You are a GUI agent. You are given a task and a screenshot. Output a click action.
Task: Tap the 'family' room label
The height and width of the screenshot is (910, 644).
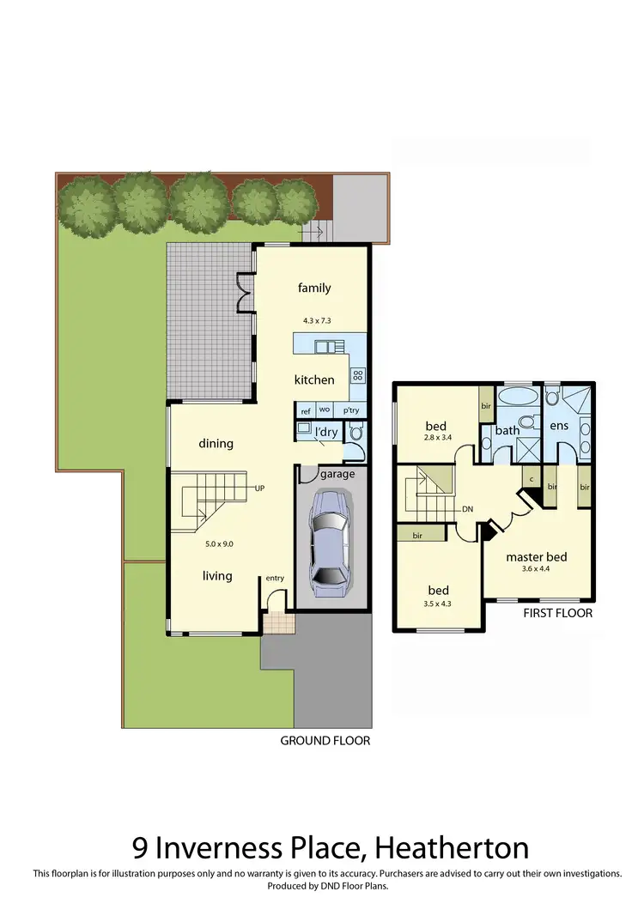[x=314, y=288]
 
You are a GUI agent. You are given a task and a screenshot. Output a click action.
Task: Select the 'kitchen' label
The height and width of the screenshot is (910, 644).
[x=314, y=379]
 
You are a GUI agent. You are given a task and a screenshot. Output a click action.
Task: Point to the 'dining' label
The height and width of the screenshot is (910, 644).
[x=216, y=444]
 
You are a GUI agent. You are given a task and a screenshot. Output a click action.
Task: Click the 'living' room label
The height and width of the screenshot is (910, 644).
[x=217, y=576]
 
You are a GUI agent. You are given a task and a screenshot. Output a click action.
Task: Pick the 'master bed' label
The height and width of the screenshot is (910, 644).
[x=537, y=557]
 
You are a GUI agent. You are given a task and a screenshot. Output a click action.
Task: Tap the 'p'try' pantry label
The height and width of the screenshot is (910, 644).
[x=352, y=410]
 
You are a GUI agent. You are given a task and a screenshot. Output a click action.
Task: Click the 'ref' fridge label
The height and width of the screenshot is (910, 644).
[x=306, y=410]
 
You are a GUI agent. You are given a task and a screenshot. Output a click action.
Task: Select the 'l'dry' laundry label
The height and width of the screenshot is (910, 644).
[x=326, y=432]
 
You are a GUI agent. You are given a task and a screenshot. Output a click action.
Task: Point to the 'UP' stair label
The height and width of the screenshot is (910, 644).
[x=259, y=488]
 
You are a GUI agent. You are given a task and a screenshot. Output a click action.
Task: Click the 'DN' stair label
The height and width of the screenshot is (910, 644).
[x=468, y=509]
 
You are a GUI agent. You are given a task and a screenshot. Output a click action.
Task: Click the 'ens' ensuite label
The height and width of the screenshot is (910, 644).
[x=559, y=426]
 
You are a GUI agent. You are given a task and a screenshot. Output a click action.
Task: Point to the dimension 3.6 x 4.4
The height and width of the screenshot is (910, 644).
[x=537, y=568]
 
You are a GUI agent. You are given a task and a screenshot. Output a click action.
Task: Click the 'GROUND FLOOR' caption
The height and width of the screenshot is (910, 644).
[x=325, y=741]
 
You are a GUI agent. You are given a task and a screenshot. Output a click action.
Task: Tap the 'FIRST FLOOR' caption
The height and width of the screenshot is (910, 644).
[x=557, y=614]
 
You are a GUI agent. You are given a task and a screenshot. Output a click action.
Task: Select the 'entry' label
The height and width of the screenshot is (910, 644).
[x=275, y=579]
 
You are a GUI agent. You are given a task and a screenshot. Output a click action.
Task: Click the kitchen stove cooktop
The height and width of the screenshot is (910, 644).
[x=358, y=374]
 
